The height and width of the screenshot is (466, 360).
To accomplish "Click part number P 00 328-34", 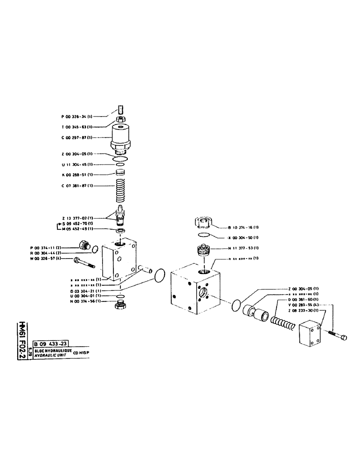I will point(77,117).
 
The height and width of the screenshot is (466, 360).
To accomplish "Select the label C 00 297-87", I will point(77,137).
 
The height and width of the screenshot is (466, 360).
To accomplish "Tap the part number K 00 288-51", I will point(77,175).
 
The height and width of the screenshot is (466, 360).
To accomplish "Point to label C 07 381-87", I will point(77,186).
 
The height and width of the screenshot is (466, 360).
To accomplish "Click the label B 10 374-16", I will point(243,227).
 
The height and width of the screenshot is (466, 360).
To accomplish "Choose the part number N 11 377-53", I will point(243,248).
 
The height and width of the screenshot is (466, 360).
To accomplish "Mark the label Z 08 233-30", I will point(304,310).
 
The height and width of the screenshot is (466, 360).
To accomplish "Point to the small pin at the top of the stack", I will point(120,110).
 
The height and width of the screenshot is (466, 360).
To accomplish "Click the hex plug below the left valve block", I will point(120,306).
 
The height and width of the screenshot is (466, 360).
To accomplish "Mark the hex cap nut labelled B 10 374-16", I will point(203,224).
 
